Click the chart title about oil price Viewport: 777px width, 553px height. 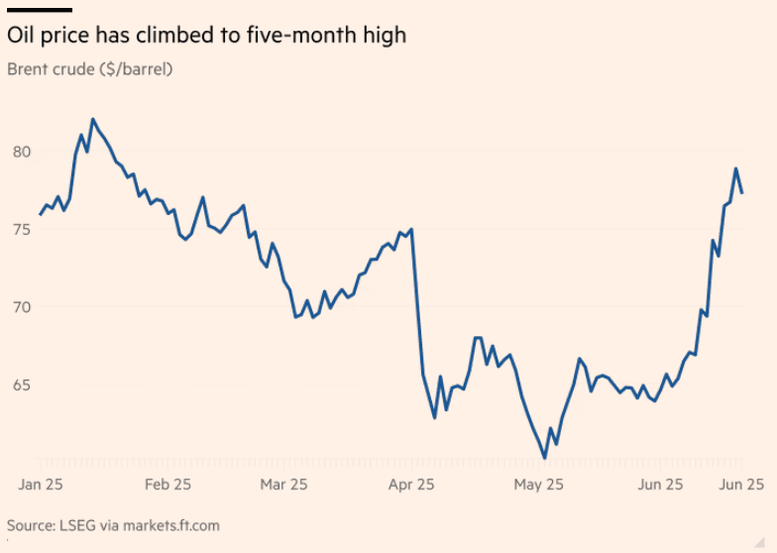pyautogui.click(x=206, y=36)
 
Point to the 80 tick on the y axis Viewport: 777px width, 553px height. pyautogui.click(x=21, y=152)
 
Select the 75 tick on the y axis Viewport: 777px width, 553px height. pyautogui.click(x=21, y=229)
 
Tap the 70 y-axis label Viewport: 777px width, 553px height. pyautogui.click(x=21, y=307)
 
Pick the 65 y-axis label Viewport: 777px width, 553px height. pyautogui.click(x=21, y=385)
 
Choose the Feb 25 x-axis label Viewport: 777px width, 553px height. pyautogui.click(x=167, y=485)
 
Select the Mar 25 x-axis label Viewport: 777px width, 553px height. pyautogui.click(x=282, y=485)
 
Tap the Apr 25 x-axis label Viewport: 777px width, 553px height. pyautogui.click(x=411, y=485)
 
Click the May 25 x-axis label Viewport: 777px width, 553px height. pyautogui.click(x=539, y=485)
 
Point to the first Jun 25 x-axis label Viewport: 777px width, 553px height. pyautogui.click(x=659, y=485)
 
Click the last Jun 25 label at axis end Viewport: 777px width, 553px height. pyautogui.click(x=739, y=485)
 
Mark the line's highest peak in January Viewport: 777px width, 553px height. pyautogui.click(x=93, y=119)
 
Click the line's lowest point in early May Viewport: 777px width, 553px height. pyautogui.click(x=544, y=457)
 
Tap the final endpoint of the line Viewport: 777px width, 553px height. pyautogui.click(x=742, y=192)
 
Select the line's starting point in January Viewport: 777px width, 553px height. pyautogui.click(x=41, y=214)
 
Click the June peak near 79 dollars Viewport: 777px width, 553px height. pyautogui.click(x=736, y=168)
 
